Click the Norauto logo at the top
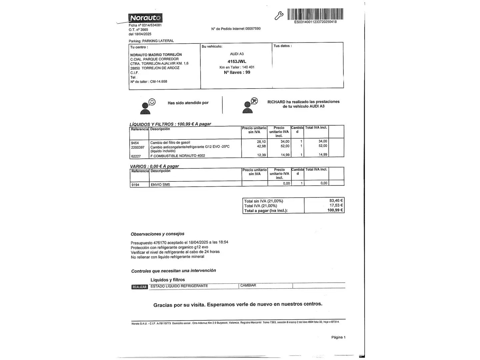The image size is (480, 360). click(145, 18)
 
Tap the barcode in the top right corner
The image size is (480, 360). click(315, 14)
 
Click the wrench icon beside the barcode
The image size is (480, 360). click(279, 15)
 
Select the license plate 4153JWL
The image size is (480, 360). click(237, 62)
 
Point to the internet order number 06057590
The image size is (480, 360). click(253, 29)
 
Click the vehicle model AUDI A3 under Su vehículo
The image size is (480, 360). click(237, 54)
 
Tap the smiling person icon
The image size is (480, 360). click(148, 106)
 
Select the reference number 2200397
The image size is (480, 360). click(138, 147)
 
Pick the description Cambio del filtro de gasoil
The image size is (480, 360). click(170, 143)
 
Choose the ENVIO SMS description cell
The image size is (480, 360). click(160, 185)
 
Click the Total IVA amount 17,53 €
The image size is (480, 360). click(336, 205)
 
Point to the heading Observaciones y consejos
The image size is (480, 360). click(157, 234)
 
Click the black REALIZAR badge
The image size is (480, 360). click(139, 287)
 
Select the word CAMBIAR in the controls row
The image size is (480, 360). click(248, 286)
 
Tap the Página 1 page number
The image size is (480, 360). click(338, 337)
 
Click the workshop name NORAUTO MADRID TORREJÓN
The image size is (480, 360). click(156, 55)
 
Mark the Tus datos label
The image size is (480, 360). click(282, 46)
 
